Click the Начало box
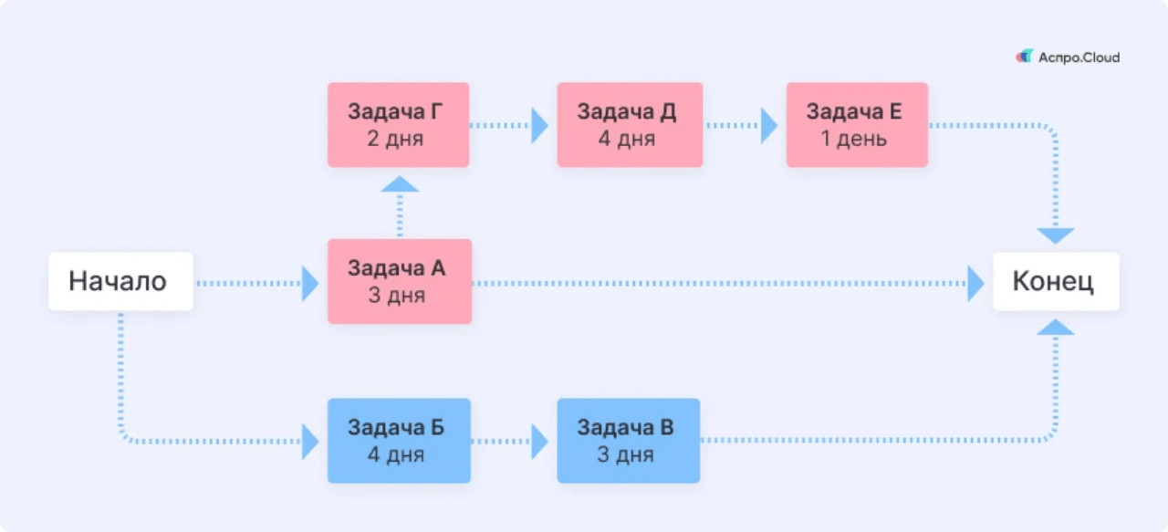pos(120,281)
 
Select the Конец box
pos(1055,281)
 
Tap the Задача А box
pos(400,281)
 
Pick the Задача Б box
pos(399,441)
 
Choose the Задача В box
pos(628,441)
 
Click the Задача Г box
pos(398,125)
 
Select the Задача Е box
pos(857,125)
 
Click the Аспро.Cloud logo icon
pos(1025,57)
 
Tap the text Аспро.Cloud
pos(1079,57)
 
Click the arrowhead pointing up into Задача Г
pos(400,184)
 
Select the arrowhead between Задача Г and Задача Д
pos(539,125)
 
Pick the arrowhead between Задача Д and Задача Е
pos(768,125)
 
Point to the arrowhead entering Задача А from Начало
pos(310,284)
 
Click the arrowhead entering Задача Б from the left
pos(310,442)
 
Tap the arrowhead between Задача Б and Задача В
pos(539,442)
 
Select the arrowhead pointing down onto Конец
pos(1056,235)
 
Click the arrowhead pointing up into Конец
pos(1056,327)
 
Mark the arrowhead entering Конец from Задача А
pos(975,284)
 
